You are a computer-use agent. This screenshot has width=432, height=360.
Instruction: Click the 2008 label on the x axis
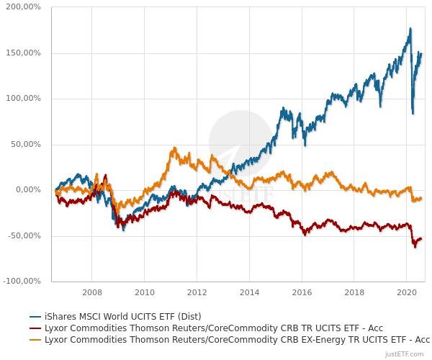coord(91,292)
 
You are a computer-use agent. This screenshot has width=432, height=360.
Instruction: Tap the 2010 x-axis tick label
coord(144,292)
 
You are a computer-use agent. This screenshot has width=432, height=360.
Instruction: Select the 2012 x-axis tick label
coord(197,292)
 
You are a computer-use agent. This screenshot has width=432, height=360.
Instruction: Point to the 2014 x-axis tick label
coord(249,292)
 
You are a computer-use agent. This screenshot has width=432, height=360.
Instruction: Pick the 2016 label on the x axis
coord(302,292)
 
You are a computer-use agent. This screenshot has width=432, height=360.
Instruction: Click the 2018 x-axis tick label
coord(354,292)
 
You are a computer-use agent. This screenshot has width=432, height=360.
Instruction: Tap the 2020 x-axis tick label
coord(407,292)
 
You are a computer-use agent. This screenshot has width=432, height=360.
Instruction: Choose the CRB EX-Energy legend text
coord(238,339)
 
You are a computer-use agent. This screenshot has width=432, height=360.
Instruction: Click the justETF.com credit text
coord(407,354)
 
